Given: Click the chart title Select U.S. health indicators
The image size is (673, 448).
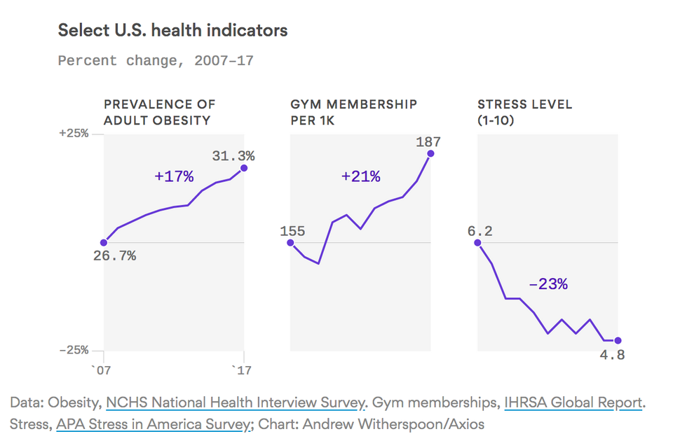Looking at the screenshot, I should (x=172, y=31).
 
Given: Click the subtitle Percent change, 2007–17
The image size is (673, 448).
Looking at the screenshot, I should (x=156, y=61).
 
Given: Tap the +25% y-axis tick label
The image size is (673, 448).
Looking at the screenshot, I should (x=73, y=133).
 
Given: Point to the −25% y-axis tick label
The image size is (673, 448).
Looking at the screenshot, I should (x=73, y=350).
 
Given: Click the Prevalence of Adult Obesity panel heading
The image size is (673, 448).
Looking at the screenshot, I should (x=160, y=112).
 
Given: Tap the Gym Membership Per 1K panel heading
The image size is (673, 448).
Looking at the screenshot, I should (x=353, y=112).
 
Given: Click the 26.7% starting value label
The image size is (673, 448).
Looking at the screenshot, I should (x=114, y=256).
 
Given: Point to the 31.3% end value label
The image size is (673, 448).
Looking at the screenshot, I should (x=233, y=155).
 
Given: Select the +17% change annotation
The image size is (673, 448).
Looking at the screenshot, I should (x=174, y=176).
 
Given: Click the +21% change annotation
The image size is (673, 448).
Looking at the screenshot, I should (x=360, y=176).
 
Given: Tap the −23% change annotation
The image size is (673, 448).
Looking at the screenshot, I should (x=548, y=284).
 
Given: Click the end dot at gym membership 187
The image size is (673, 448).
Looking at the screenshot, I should (x=430, y=153).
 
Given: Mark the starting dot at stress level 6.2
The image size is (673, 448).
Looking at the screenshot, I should (x=477, y=243).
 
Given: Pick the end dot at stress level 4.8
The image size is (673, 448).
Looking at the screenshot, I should (x=618, y=341).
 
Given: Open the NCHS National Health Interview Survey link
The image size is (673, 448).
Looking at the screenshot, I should (x=236, y=402).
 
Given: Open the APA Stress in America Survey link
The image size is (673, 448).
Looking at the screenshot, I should (x=154, y=424).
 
